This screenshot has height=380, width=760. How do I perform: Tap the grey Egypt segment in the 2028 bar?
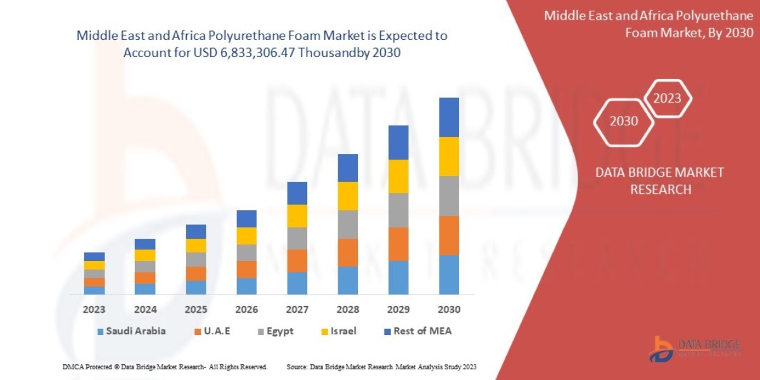tap(348, 224)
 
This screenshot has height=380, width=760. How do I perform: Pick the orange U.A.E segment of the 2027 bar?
tap(297, 261)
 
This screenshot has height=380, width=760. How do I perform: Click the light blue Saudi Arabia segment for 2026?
tap(246, 286)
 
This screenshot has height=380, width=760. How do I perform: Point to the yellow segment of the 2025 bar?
tap(196, 246)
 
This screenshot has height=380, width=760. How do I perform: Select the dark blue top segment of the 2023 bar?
tap(94, 256)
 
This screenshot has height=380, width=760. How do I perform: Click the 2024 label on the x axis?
tap(145, 310)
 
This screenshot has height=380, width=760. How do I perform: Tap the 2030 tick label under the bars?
tap(449, 310)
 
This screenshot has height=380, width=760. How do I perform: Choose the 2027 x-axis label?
tap(297, 310)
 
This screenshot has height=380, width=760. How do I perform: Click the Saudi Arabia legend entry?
tap(131, 331)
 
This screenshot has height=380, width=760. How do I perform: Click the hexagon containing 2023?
tap(667, 99)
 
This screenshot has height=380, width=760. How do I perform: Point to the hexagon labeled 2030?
tap(624, 121)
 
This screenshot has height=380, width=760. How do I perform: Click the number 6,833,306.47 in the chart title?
tap(250, 53)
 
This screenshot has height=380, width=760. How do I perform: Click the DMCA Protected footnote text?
tap(165, 367)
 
